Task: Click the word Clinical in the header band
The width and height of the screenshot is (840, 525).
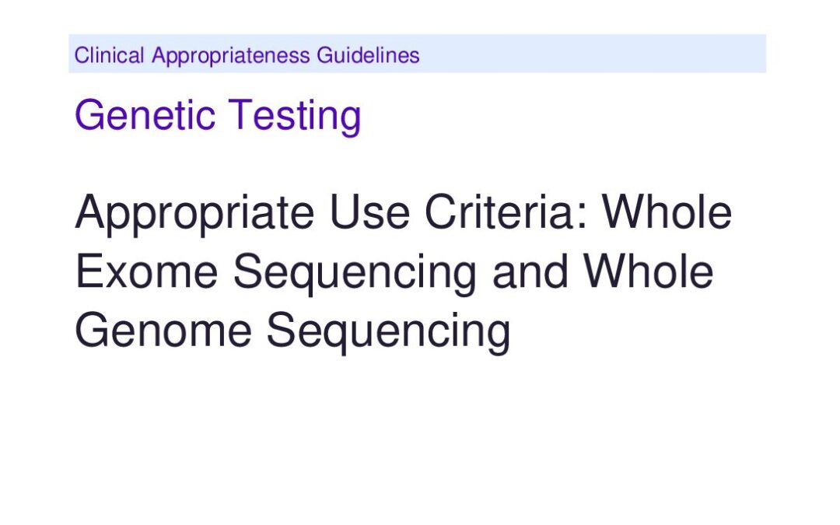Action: [x=110, y=55]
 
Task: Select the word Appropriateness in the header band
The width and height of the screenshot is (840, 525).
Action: [x=231, y=56]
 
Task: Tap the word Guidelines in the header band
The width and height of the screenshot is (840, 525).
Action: [x=368, y=55]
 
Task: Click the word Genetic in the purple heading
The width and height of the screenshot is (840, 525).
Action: [x=145, y=114]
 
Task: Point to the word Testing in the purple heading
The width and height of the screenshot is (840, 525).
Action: [x=296, y=116]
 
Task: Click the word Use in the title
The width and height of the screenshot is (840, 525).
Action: [x=369, y=212]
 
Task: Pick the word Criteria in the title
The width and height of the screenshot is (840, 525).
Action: [x=499, y=212]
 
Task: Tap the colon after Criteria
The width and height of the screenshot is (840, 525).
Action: [x=583, y=217]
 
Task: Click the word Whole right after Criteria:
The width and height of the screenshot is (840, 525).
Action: [x=667, y=212]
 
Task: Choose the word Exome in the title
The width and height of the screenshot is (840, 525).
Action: [x=147, y=271]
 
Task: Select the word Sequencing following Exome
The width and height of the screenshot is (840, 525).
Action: [x=355, y=273]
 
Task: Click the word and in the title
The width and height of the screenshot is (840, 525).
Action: [x=530, y=271]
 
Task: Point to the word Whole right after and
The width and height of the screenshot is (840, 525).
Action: [x=649, y=271]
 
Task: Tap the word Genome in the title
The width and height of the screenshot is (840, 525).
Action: [x=163, y=330]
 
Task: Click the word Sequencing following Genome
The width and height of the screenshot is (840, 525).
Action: [x=388, y=332]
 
